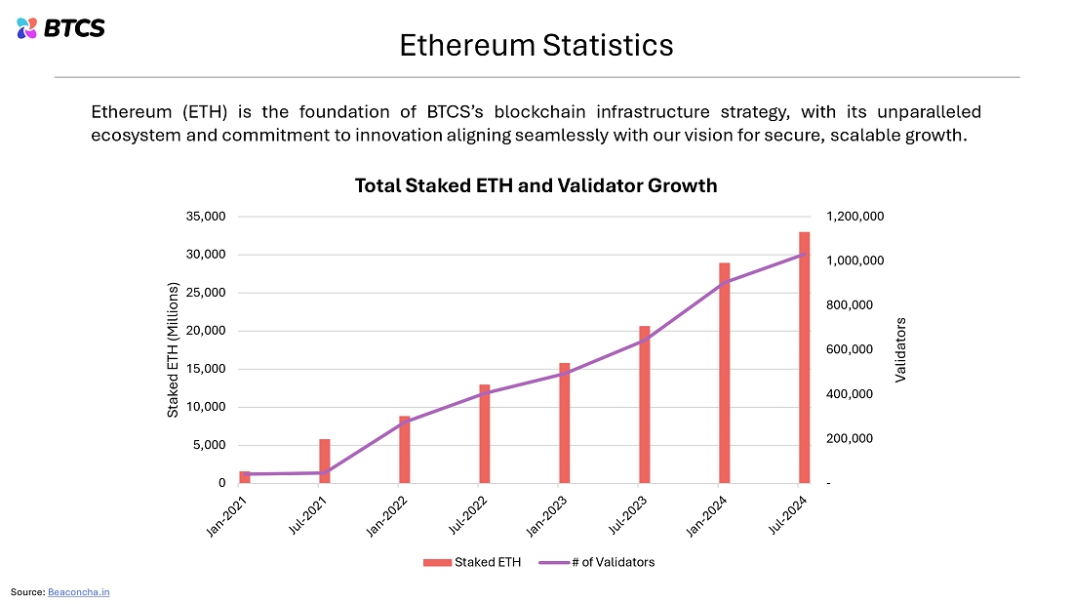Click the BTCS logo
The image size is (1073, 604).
tap(60, 28)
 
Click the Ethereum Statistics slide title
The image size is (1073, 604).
tap(536, 45)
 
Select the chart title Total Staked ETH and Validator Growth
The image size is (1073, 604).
tap(536, 185)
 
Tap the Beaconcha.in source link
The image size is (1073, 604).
tap(79, 592)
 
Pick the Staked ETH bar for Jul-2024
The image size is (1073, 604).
tap(804, 357)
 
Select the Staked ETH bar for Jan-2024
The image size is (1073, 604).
tap(724, 373)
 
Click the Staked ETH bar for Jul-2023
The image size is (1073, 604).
tap(645, 405)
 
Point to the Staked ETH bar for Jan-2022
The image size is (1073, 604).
tap(405, 450)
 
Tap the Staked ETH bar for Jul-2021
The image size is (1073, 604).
tap(325, 462)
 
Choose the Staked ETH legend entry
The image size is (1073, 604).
tap(472, 562)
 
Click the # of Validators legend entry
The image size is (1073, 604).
tap(597, 562)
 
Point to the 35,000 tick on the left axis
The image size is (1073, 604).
tap(205, 217)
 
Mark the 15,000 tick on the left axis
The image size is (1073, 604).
tap(205, 369)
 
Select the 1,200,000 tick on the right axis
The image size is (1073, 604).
tap(854, 217)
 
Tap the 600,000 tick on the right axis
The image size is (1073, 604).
tap(850, 349)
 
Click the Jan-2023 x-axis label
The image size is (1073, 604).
tap(547, 516)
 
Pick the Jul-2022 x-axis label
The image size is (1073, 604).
tap(468, 515)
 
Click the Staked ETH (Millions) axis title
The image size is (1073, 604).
tap(173, 350)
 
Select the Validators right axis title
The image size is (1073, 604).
tap(900, 350)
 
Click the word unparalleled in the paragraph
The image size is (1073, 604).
tap(930, 111)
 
